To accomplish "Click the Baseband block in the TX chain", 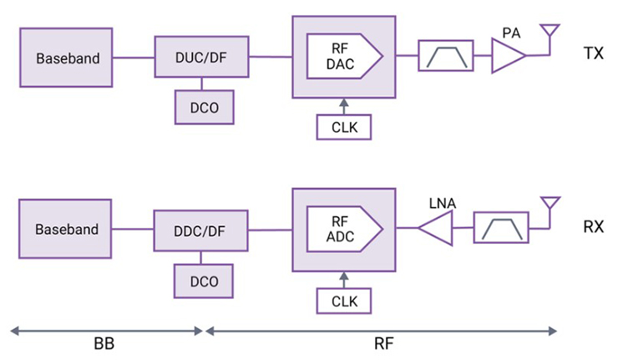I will point(68,58).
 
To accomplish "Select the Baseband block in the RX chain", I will point(67,229).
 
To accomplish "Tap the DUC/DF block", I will point(201,57).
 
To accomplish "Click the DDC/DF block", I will point(201,230).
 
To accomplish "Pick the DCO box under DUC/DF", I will point(203,107).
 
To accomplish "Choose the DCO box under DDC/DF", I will point(203,281).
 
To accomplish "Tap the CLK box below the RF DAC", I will point(344,127).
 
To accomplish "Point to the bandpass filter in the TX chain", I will point(446,57).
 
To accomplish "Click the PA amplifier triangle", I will point(508,58).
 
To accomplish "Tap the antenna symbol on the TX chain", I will point(550,35).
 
